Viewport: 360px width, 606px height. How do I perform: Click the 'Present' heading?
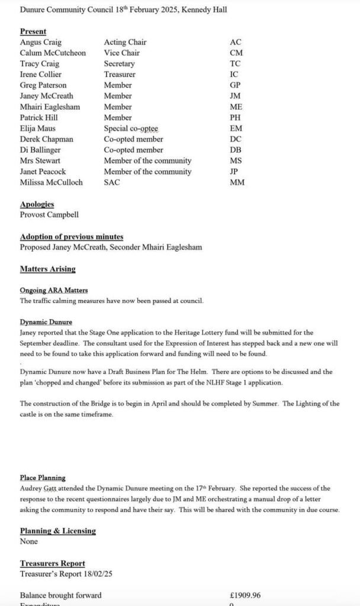[x=33, y=31]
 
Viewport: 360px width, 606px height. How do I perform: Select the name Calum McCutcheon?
[x=53, y=53]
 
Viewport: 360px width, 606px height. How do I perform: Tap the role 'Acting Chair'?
[x=125, y=43]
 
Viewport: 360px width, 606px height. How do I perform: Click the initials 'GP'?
[x=235, y=85]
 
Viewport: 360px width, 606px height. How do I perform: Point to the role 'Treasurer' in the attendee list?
[x=120, y=75]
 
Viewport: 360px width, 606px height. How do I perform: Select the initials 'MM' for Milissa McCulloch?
[x=237, y=182]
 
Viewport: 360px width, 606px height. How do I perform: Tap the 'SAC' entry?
[x=112, y=182]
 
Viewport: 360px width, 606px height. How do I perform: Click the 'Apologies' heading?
[x=37, y=204]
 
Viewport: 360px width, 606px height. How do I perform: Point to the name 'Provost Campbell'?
[x=49, y=215]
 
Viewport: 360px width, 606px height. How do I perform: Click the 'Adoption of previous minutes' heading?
[x=72, y=237]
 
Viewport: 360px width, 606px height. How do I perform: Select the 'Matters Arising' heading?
[x=48, y=269]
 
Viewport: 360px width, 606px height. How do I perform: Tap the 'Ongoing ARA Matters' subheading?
[x=54, y=290]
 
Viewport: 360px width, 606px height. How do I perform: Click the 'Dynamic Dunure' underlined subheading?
[x=46, y=322]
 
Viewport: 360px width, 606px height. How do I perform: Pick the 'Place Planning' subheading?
[x=43, y=478]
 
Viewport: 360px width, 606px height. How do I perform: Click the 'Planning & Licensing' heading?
[x=58, y=531]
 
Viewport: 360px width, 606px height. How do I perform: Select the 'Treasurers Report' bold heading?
[x=53, y=563]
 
